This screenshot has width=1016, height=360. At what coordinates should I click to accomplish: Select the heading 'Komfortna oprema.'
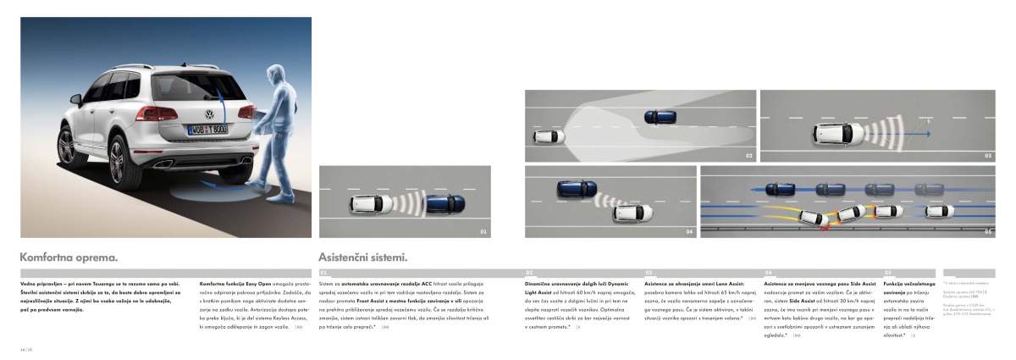point(68,256)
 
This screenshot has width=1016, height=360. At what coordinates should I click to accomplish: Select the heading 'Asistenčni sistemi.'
point(364,256)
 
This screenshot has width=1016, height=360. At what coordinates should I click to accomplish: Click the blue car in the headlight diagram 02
point(660,116)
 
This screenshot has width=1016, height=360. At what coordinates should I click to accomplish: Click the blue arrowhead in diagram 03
point(929,133)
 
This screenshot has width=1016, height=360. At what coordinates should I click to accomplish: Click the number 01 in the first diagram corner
point(483,230)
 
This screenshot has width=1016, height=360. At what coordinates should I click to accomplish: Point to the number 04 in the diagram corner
point(689,230)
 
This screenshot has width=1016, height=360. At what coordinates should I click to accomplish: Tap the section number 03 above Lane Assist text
point(649,273)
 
